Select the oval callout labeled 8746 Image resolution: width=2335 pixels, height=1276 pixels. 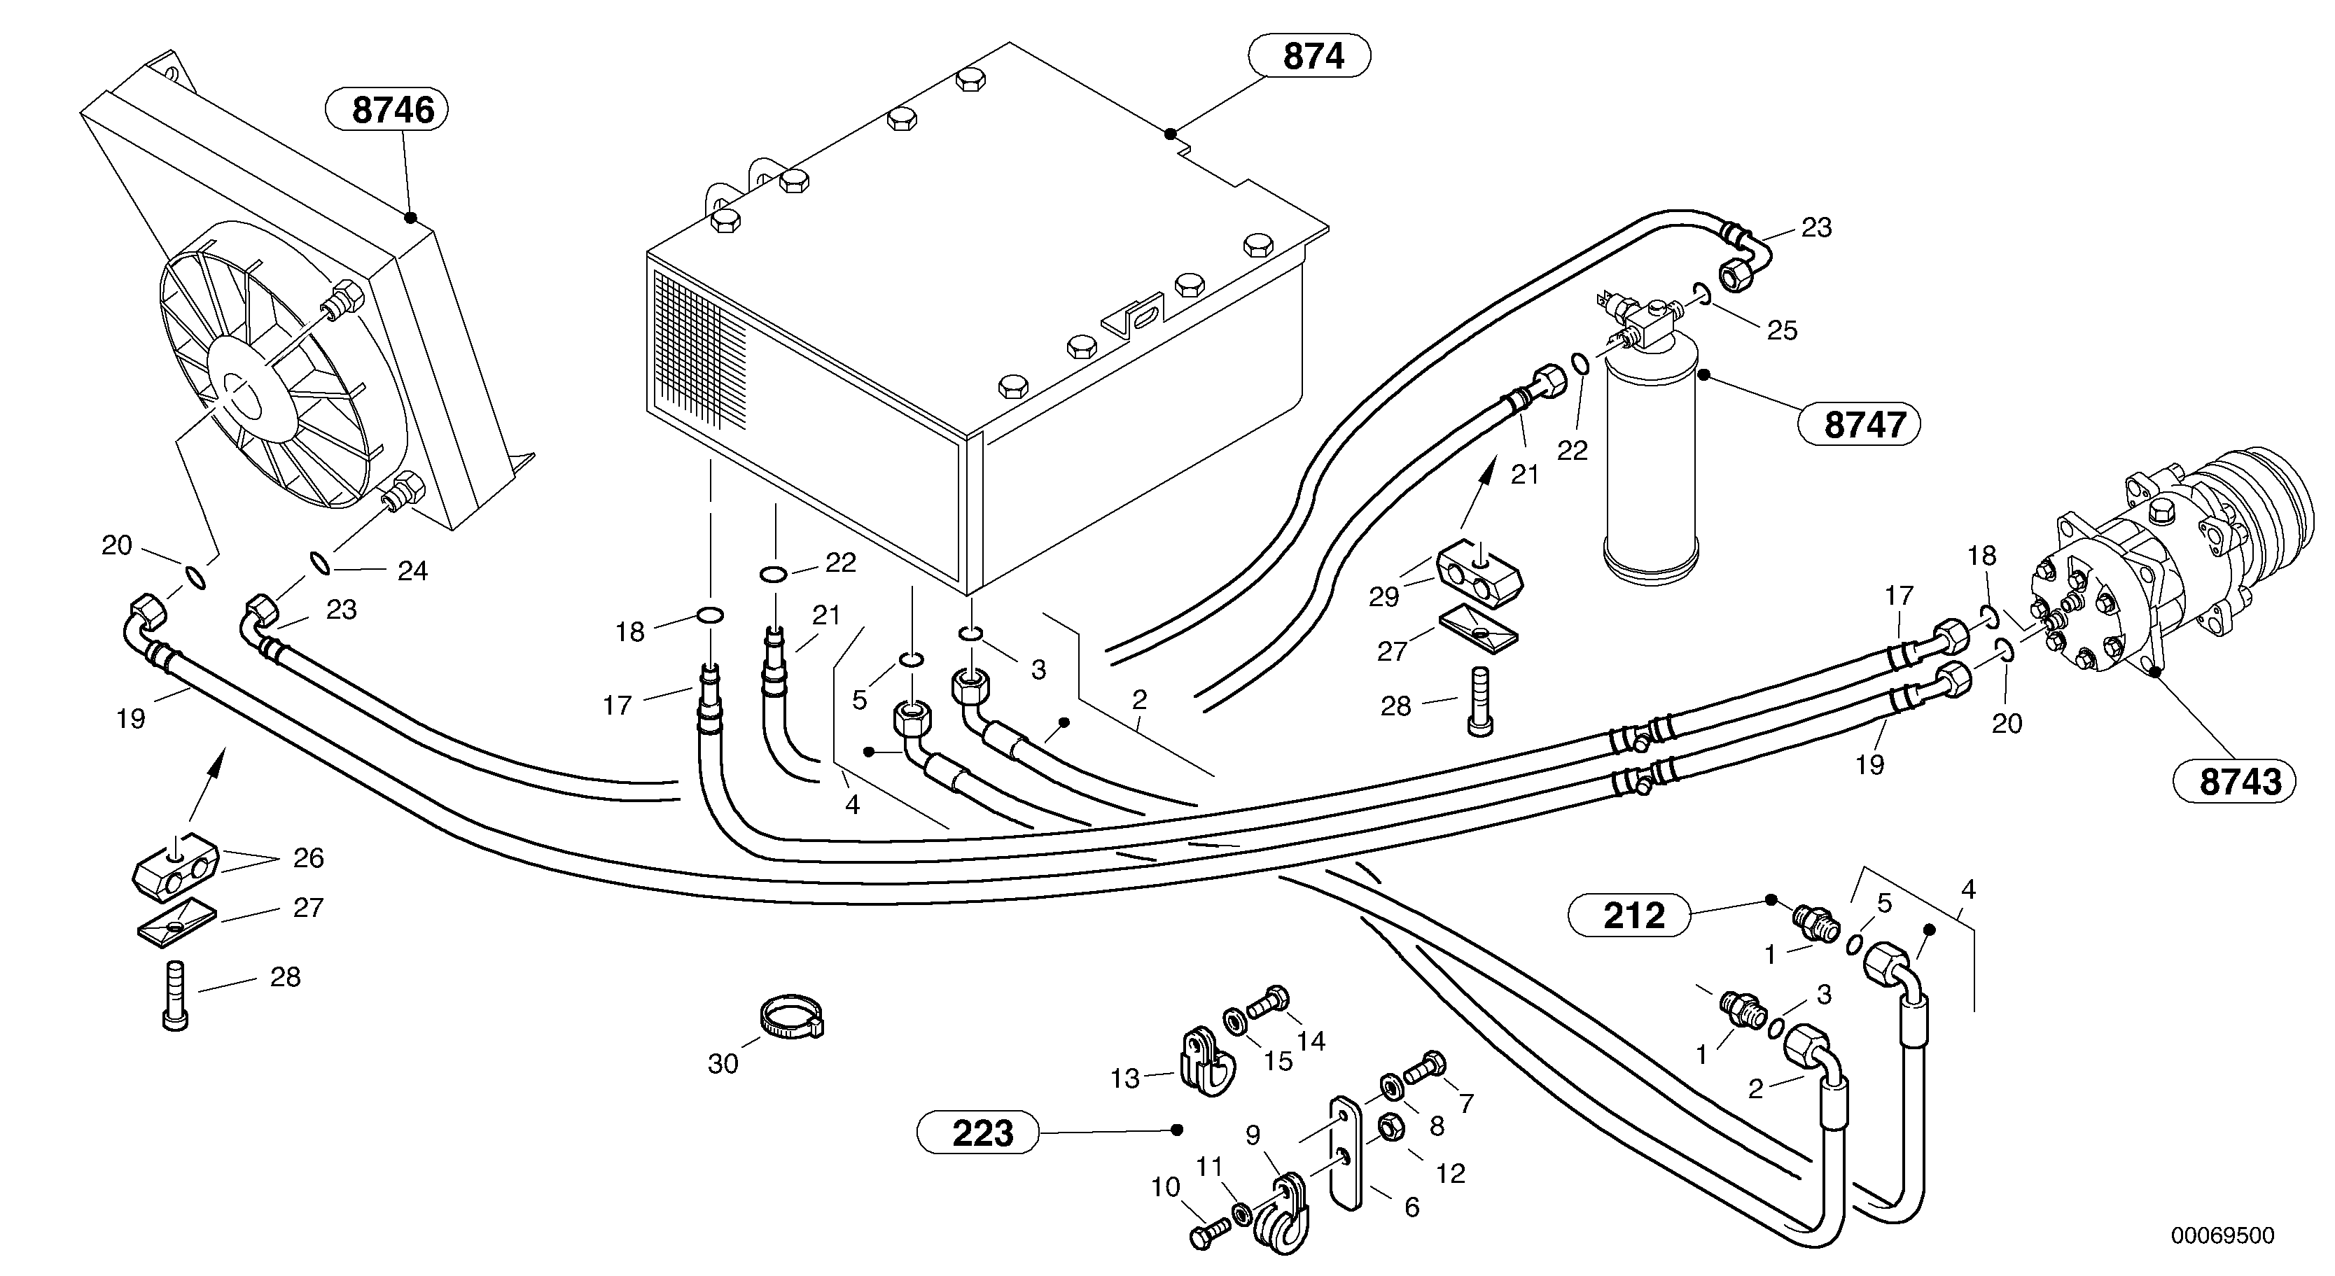[386, 110]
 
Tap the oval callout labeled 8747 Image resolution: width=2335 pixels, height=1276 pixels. [1858, 423]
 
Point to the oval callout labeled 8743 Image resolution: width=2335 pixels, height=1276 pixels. [2233, 781]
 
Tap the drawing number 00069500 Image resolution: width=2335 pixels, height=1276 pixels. [2222, 1236]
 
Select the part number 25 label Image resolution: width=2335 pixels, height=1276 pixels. [1781, 330]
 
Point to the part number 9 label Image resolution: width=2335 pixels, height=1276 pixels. [1253, 1135]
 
